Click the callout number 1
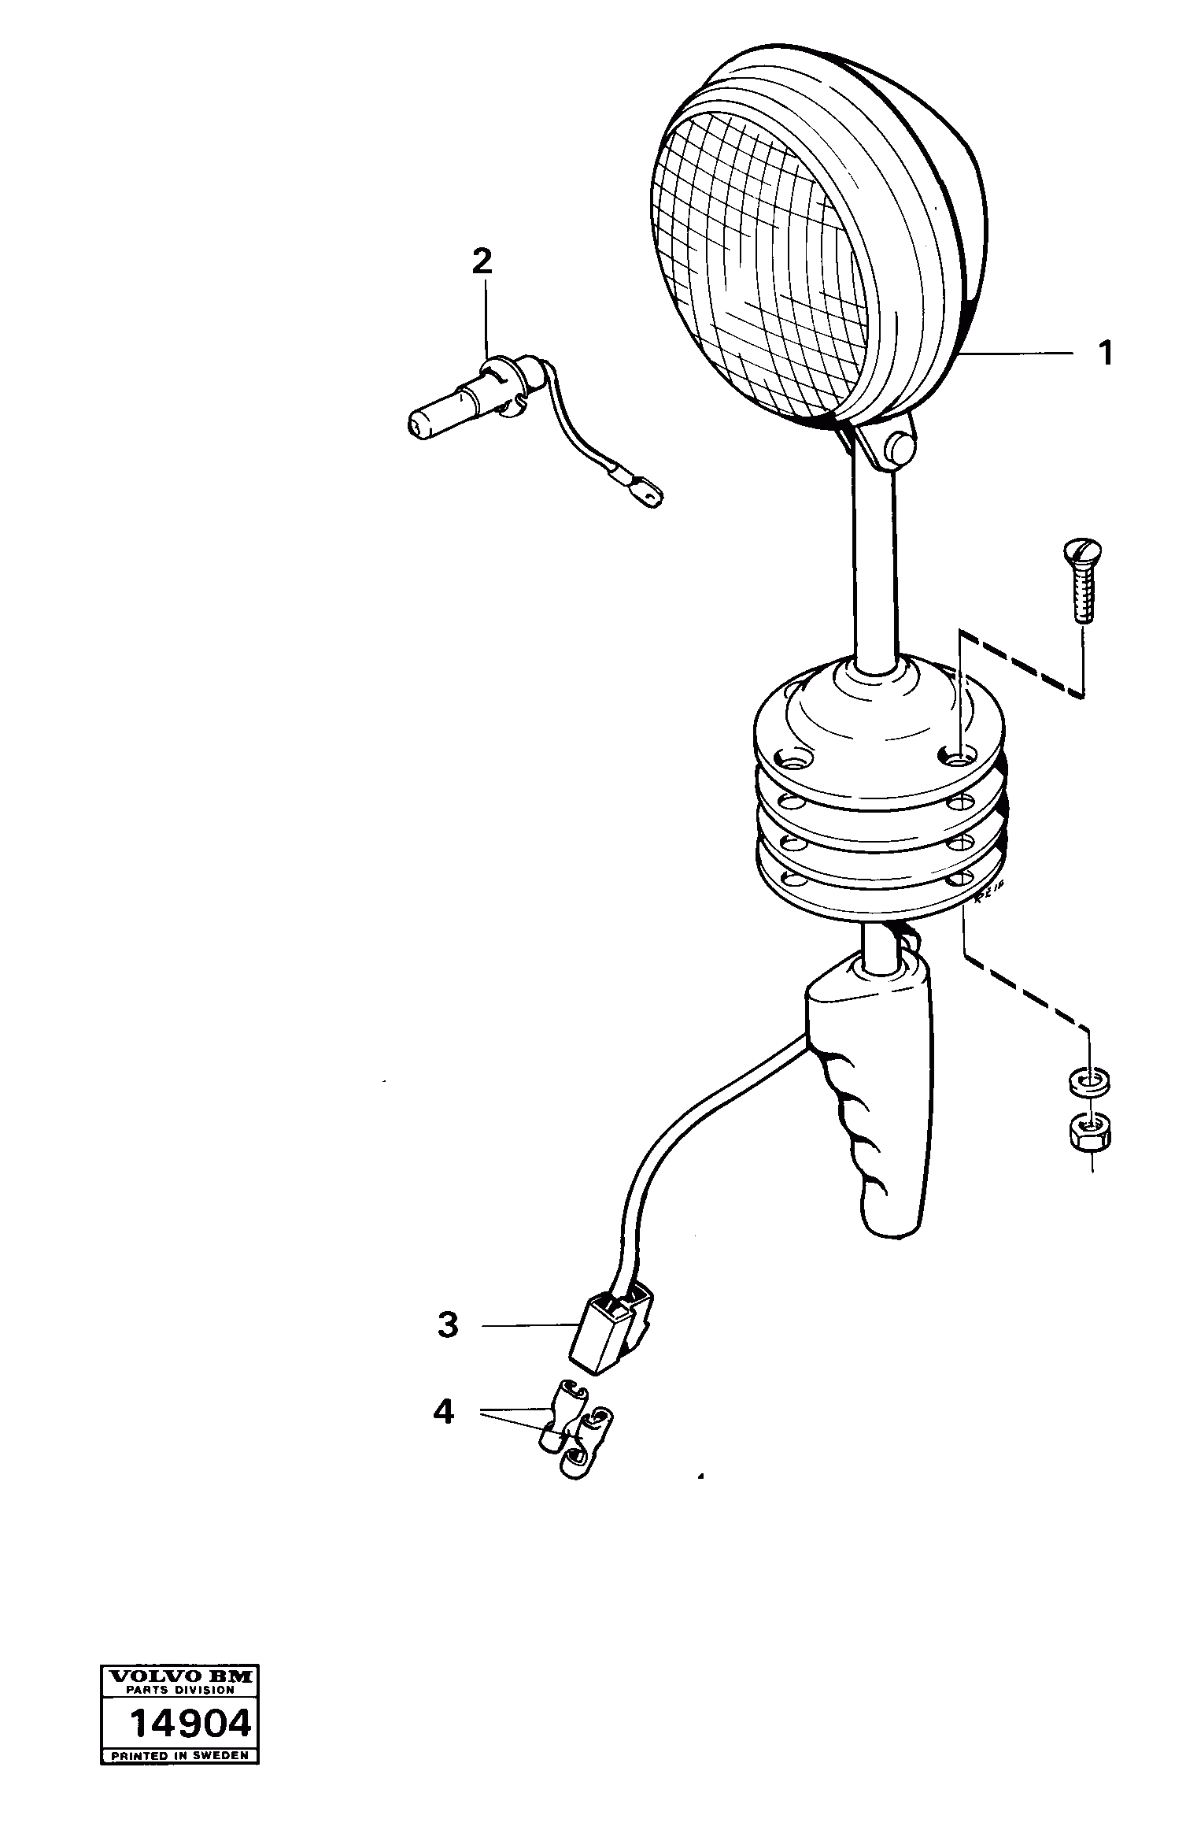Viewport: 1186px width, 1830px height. [1106, 354]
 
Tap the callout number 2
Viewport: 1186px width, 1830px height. [482, 261]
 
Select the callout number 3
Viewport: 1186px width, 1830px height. [448, 1325]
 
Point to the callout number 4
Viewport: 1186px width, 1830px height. [444, 1412]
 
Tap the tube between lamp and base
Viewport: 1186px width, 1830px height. [874, 567]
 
